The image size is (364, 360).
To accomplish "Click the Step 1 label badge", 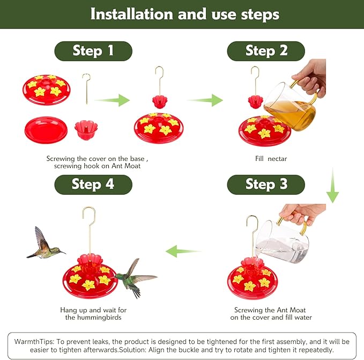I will click(x=93, y=51).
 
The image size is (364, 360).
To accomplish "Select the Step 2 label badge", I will click(x=266, y=51).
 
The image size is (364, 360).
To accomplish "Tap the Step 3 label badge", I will click(x=266, y=184).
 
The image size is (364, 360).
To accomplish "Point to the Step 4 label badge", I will click(x=93, y=184).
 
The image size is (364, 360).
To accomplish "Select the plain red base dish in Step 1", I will click(x=46, y=130).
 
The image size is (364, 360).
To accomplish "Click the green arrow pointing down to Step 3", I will click(x=333, y=186).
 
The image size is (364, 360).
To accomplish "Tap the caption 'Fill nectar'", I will click(x=271, y=159).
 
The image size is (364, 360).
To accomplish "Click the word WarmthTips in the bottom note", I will click(x=33, y=341).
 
